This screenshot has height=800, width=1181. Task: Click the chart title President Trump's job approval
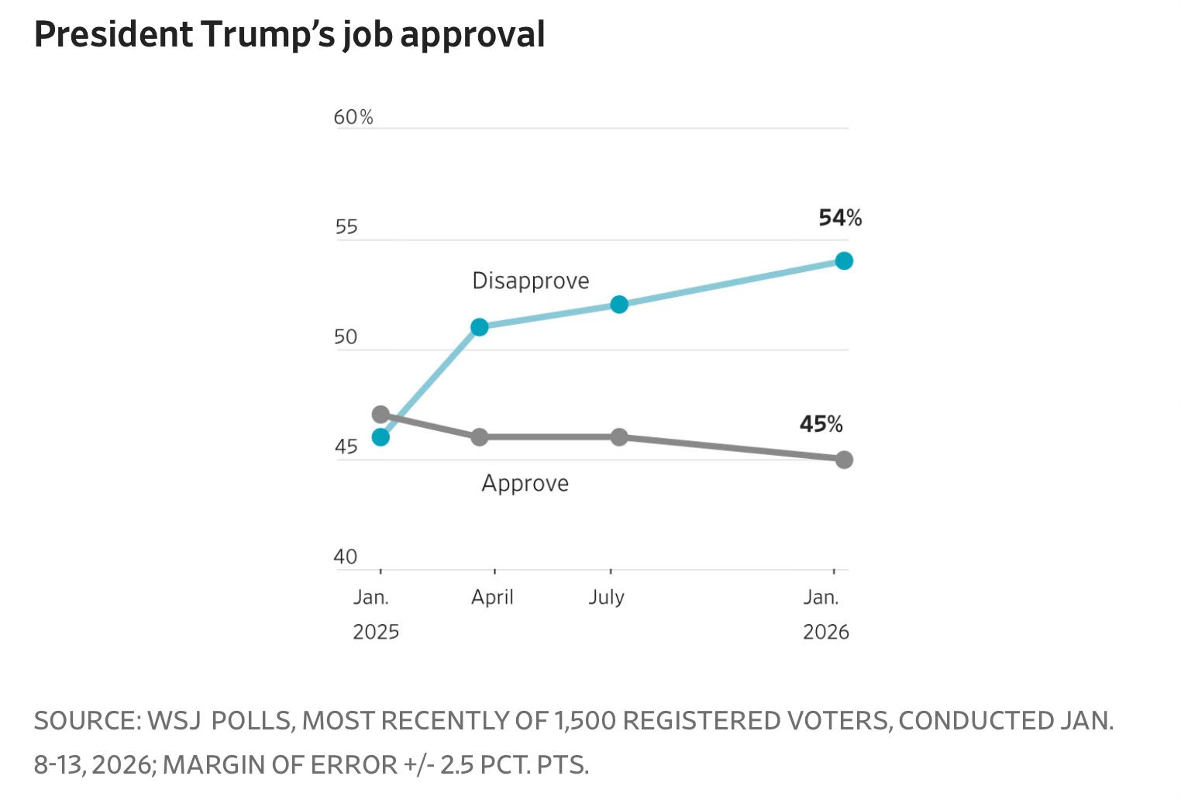(x=289, y=35)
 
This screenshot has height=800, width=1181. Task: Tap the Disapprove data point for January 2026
(x=844, y=260)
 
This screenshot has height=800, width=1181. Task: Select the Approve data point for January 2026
(x=844, y=460)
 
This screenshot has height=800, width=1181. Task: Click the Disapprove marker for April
(x=480, y=327)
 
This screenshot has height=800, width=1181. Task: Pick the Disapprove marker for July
(x=618, y=305)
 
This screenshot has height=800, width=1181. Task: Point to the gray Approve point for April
(x=480, y=437)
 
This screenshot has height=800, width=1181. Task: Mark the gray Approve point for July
(x=618, y=437)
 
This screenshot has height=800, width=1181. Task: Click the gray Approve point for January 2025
(x=380, y=415)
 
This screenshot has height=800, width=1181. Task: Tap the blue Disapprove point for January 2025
(x=380, y=437)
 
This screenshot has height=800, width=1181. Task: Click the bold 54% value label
(x=840, y=218)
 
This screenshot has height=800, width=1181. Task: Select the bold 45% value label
(x=821, y=424)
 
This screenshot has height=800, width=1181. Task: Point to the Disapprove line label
(x=530, y=281)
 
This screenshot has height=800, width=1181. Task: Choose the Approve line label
(x=525, y=483)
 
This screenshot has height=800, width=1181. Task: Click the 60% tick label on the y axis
(x=353, y=117)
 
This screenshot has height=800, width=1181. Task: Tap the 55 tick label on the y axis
(x=346, y=227)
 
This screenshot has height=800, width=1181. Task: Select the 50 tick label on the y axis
(x=346, y=337)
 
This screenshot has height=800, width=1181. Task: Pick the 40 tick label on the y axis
(x=346, y=557)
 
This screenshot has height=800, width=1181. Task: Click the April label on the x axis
(x=492, y=597)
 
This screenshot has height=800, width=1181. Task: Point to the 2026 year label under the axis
(x=825, y=632)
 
